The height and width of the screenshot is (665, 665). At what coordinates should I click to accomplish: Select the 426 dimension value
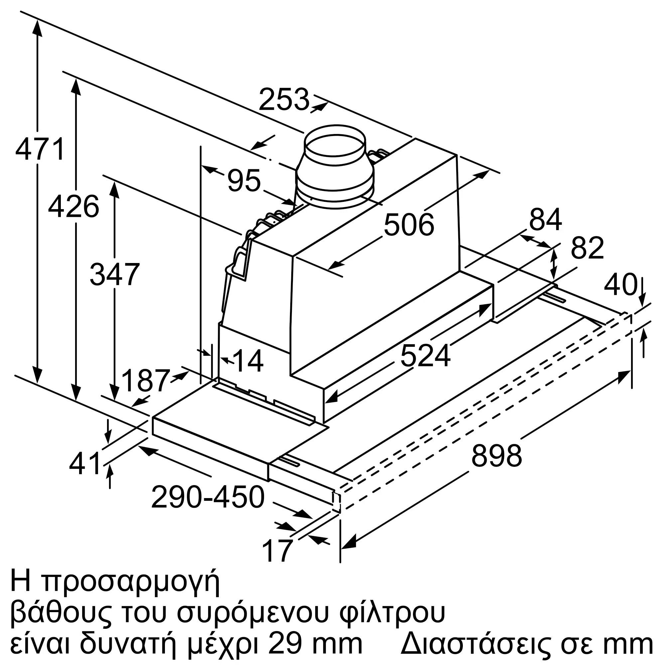point(74,206)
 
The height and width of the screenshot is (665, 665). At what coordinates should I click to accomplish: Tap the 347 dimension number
point(115,274)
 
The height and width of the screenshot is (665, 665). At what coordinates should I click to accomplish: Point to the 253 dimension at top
point(284,100)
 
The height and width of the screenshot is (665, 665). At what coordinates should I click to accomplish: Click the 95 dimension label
point(244,180)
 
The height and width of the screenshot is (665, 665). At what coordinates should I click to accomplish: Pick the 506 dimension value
point(409,225)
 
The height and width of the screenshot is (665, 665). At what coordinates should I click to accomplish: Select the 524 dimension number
point(426,356)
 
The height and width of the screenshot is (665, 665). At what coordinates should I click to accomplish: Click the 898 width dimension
point(496,456)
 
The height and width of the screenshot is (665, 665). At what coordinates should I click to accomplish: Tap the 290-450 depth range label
point(207,497)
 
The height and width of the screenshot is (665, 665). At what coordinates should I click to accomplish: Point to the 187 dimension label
point(146,381)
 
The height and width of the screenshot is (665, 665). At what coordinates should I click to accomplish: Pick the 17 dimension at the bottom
point(277,550)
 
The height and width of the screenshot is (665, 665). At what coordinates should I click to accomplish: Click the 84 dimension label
point(546,219)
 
